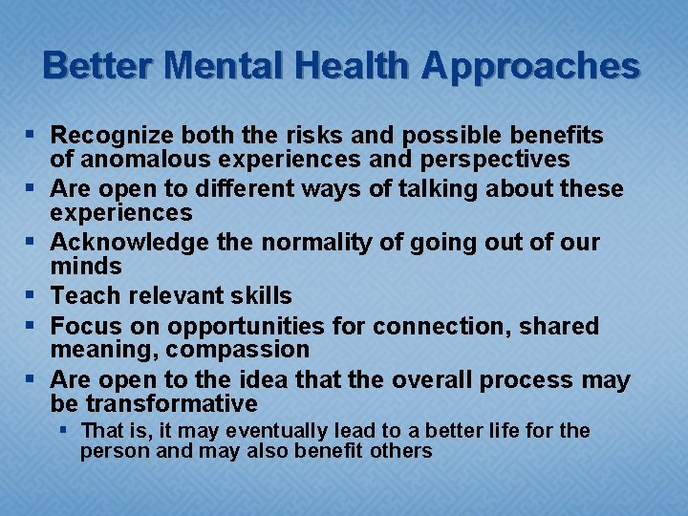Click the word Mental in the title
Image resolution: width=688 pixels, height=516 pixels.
click(225, 66)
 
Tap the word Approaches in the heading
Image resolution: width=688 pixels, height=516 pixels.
click(530, 66)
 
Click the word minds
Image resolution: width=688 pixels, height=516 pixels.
click(86, 266)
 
